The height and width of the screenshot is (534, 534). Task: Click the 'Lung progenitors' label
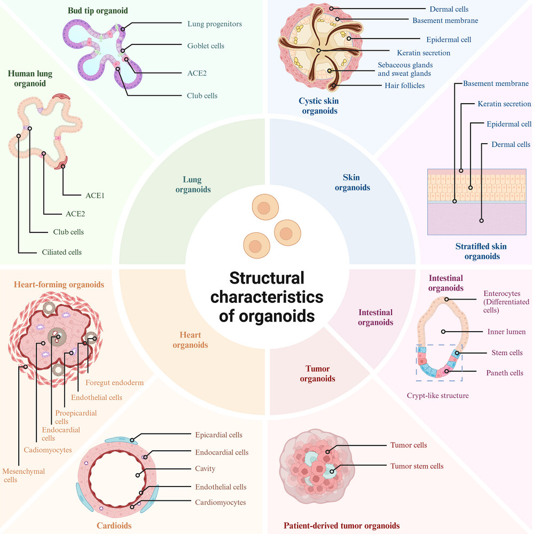[215, 24]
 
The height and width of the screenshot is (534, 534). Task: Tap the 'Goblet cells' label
[206, 45]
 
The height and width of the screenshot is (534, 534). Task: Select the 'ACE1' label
[95, 195]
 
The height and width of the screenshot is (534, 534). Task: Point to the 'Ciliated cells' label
[61, 252]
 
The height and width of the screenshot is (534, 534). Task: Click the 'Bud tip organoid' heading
[98, 11]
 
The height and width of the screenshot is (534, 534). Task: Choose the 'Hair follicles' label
[405, 85]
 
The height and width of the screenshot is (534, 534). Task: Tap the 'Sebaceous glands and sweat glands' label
[405, 69]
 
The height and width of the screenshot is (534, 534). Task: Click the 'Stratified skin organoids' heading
[481, 252]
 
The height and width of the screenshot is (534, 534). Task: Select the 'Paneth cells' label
[505, 373]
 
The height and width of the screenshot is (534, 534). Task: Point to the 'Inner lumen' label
[506, 332]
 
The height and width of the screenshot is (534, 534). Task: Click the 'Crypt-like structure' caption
[438, 395]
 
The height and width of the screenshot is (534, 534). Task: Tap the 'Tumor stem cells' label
[417, 466]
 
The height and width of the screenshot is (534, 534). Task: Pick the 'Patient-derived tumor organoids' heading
[342, 525]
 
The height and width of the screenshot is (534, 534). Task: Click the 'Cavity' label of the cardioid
[205, 469]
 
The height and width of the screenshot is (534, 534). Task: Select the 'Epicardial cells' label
[218, 435]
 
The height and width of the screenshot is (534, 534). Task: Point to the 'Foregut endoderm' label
[114, 383]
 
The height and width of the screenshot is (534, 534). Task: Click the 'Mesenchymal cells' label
[23, 475]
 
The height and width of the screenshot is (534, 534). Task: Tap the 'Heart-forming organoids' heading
[59, 285]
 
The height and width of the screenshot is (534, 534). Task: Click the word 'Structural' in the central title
[266, 278]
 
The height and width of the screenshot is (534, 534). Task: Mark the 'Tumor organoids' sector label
[317, 374]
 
